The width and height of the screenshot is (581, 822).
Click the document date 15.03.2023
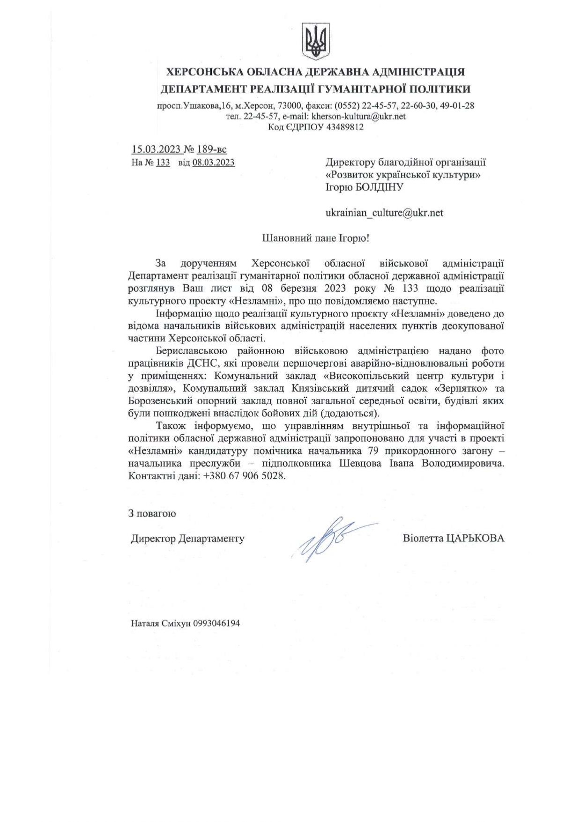(x=156, y=149)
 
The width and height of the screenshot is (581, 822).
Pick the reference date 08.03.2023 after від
(x=213, y=163)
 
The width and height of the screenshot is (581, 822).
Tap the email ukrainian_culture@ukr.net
(x=384, y=213)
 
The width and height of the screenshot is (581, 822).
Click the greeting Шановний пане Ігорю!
(x=315, y=238)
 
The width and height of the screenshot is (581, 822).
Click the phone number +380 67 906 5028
(x=245, y=476)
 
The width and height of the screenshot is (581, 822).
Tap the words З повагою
(x=152, y=513)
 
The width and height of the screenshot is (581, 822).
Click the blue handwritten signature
(x=328, y=539)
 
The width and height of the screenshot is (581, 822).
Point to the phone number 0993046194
(x=216, y=623)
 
